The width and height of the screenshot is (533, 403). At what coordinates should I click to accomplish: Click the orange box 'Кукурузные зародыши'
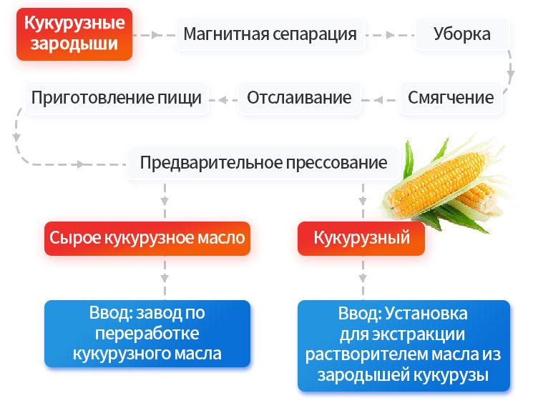[74, 34]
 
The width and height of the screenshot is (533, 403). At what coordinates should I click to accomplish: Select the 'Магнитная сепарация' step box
[270, 34]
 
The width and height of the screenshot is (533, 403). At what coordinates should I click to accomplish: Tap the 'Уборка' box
[461, 34]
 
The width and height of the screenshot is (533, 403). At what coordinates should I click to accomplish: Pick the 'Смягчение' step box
[451, 98]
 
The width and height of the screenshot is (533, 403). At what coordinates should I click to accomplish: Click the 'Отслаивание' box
[299, 98]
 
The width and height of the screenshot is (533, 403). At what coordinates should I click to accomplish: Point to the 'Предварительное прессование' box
[263, 163]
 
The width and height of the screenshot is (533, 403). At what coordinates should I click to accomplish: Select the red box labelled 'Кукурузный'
[361, 238]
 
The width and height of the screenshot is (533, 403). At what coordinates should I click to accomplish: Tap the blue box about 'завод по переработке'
[147, 333]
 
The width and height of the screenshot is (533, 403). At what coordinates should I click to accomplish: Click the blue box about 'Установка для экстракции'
[404, 344]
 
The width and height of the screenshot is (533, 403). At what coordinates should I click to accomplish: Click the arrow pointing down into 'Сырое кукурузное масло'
[166, 200]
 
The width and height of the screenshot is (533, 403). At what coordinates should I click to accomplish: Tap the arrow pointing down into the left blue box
[166, 279]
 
